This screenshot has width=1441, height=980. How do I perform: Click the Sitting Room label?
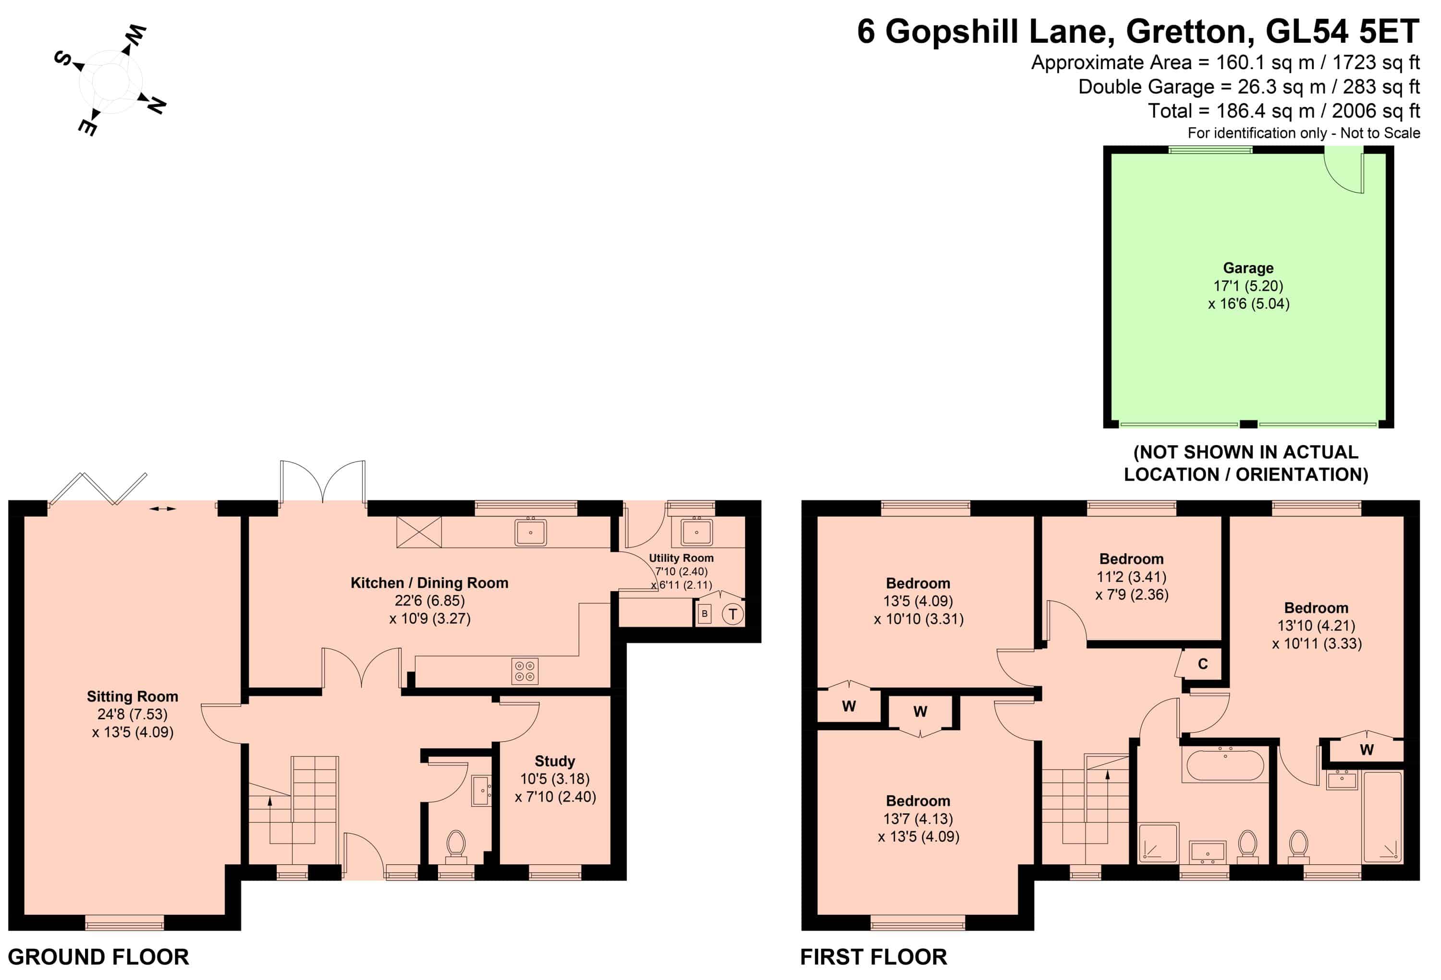click(x=132, y=697)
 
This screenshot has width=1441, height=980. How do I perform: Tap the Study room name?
click(x=554, y=761)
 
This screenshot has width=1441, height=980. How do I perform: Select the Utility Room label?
click(x=681, y=558)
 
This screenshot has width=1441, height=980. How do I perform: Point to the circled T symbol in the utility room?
click(x=733, y=614)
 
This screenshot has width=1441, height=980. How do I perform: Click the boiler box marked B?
click(x=704, y=614)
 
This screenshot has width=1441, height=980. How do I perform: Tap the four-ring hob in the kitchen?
click(x=525, y=671)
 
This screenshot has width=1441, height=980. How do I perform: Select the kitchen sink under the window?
click(x=530, y=532)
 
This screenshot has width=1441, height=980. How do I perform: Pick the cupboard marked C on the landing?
click(x=1202, y=665)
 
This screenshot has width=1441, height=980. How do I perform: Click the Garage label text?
click(x=1248, y=268)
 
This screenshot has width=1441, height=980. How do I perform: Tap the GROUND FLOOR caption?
click(x=98, y=957)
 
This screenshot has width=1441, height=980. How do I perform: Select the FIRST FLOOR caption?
click(x=873, y=957)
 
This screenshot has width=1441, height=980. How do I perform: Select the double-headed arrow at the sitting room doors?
click(x=162, y=509)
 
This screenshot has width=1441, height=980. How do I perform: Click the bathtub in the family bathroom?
click(x=1224, y=766)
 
